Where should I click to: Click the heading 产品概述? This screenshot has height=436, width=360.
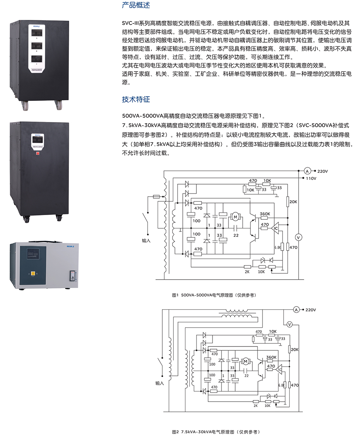[136, 5]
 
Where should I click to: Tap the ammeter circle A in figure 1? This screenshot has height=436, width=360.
[307, 171]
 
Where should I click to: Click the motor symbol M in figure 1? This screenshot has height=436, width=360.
[236, 216]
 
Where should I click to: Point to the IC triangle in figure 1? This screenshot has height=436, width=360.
[275, 228]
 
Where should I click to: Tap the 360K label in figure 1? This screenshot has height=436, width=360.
[265, 214]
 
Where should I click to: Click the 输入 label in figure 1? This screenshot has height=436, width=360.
[146, 241]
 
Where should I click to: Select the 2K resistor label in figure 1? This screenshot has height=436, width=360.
[247, 272]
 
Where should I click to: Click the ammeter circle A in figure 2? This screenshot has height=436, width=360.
[296, 310]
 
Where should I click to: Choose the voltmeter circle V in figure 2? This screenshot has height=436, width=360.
[290, 324]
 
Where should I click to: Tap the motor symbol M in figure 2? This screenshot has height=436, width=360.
[246, 360]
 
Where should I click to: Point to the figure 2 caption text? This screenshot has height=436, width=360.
[215, 432]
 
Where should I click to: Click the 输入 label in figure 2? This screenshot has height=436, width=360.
[159, 383]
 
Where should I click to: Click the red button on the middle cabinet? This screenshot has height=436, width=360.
[38, 154]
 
